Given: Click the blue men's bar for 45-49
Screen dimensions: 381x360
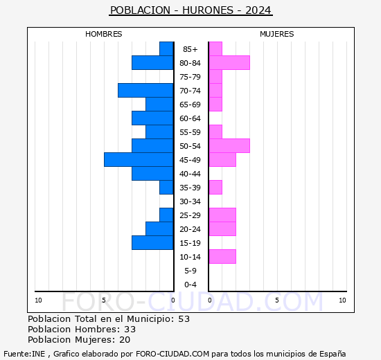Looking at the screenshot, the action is pos(139,160).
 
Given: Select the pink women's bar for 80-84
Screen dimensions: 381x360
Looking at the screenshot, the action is pos(229,63).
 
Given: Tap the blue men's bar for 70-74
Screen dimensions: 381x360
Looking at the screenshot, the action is pos(145,91).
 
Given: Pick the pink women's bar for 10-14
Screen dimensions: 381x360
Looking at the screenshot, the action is pos(222,257).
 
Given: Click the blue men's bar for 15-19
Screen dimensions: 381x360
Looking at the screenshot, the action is pos(152,243).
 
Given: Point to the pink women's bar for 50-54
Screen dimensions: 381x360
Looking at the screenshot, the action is pos(229,146).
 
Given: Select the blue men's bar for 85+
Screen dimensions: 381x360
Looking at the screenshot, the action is pos(166,49).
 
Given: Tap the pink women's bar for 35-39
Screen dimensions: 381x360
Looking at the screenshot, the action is pos(215,188).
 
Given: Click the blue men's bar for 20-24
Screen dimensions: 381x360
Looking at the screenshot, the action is pos(159,229).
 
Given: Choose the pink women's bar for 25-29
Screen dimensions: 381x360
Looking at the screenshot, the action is pos(222,215).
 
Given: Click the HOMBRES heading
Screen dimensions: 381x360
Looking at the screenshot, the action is pos(103,34).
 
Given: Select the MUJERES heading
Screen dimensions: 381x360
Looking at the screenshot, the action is pos(277,34).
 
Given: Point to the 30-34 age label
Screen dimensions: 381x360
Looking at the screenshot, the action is pos(190,201).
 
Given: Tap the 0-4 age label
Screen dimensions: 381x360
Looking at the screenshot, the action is pos(190,285).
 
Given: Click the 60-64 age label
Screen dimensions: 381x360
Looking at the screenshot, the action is pos(190,118).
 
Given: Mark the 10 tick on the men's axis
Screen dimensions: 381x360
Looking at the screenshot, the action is pos(38,300).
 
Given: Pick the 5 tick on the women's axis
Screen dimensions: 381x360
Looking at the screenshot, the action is pos(277,300).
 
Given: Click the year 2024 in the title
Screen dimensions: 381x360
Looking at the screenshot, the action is pos(258,10).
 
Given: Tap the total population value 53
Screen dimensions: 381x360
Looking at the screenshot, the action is pos(184,319).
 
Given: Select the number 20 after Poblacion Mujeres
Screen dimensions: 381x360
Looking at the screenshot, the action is pos(125,340).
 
